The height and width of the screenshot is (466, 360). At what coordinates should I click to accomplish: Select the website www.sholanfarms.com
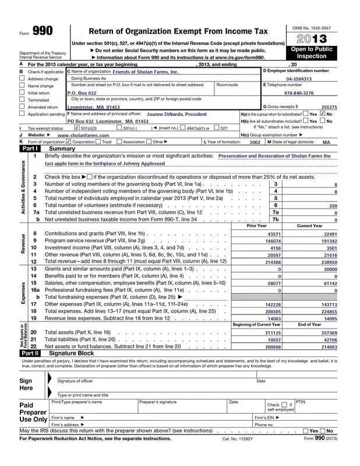(x=80, y=135)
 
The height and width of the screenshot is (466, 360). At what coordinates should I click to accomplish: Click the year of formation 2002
(x=255, y=142)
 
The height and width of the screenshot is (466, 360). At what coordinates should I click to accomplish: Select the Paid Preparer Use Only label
(x=25, y=411)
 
